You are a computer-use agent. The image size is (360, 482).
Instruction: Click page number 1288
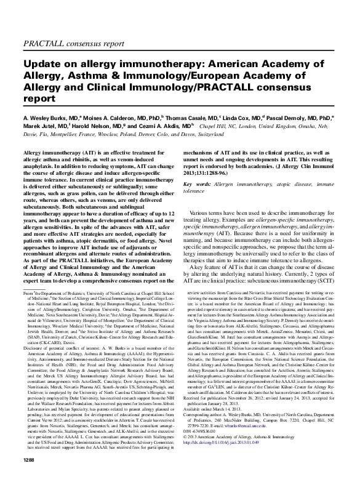coord(30,476)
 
